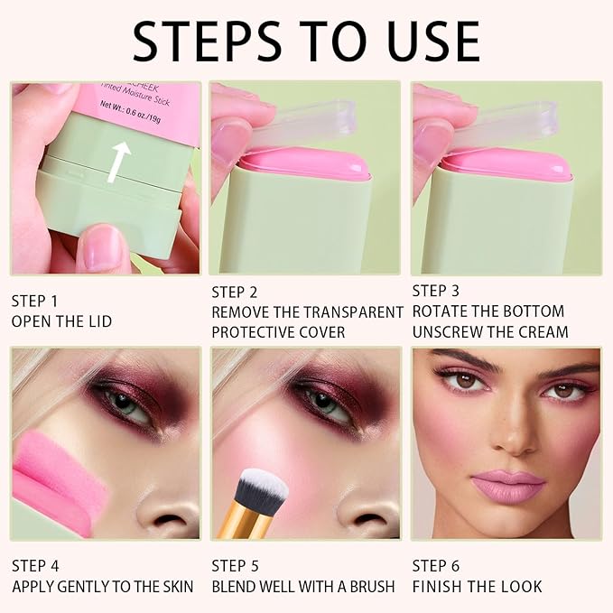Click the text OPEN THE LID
click(x=61, y=321)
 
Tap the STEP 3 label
click(x=437, y=291)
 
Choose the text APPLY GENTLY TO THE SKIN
click(x=102, y=587)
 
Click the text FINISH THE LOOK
click(x=477, y=587)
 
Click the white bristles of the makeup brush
click(x=260, y=488)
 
